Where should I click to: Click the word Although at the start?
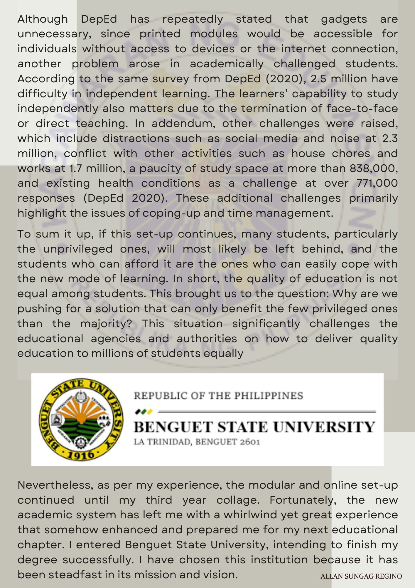43,19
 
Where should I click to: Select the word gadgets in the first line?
344,19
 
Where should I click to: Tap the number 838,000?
374,168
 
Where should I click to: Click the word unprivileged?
78,249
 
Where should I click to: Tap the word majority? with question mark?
106,324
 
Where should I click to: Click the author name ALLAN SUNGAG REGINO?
361,576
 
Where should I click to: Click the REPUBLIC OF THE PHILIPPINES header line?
218,396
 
